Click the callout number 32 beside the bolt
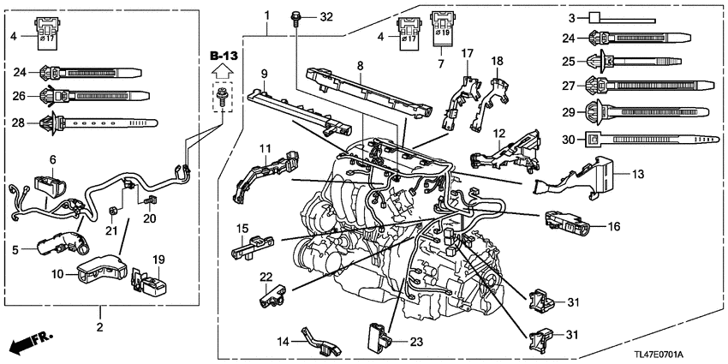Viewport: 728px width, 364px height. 326,17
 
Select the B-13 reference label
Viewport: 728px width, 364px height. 222,57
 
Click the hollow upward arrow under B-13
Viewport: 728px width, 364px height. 222,75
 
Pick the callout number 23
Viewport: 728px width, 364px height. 416,341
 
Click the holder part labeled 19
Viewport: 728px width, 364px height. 147,281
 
